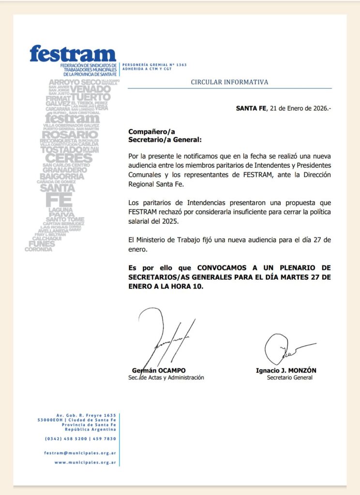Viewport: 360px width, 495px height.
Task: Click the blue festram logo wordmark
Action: pyautogui.click(x=73, y=53)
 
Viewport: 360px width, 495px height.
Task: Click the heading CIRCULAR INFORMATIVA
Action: pyautogui.click(x=229, y=82)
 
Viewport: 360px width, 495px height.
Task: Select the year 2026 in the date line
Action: pyautogui.click(x=319, y=108)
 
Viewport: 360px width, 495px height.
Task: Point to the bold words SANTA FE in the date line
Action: pyautogui.click(x=251, y=108)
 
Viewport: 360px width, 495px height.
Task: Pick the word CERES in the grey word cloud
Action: pyautogui.click(x=68, y=158)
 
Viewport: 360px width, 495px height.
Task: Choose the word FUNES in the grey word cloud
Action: pyautogui.click(x=42, y=244)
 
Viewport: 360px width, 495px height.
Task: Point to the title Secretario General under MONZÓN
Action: pyautogui.click(x=289, y=378)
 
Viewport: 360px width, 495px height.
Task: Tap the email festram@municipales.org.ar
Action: pyautogui.click(x=79, y=453)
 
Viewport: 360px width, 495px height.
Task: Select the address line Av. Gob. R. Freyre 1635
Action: pyautogui.click(x=86, y=415)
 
